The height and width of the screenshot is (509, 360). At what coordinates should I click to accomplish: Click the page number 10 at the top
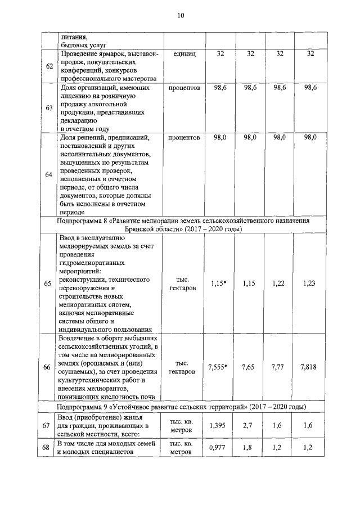180,16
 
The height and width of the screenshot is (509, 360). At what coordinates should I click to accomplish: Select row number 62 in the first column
49,66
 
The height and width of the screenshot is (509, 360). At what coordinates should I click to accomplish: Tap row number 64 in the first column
49,174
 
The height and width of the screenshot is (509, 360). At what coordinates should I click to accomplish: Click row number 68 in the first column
47,448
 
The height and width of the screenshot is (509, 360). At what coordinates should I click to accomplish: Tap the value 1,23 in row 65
309,284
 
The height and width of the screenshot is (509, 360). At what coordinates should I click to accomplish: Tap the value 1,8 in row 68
249,448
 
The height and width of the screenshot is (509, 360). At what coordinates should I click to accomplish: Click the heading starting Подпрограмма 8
183,225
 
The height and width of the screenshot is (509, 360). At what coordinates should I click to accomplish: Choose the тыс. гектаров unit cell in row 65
183,284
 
